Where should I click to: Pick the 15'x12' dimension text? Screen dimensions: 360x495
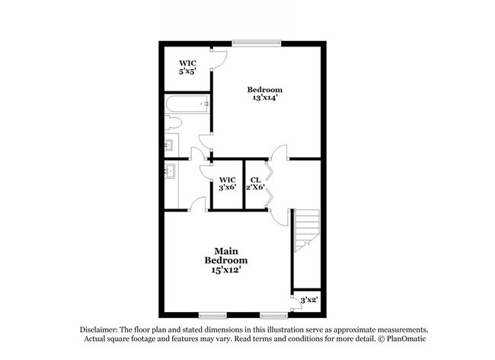[225, 269]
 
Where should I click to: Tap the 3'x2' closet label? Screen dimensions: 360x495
[308, 300]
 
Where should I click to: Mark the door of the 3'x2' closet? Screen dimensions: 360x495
[294, 307]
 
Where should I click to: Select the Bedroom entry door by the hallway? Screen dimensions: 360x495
[280, 151]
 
